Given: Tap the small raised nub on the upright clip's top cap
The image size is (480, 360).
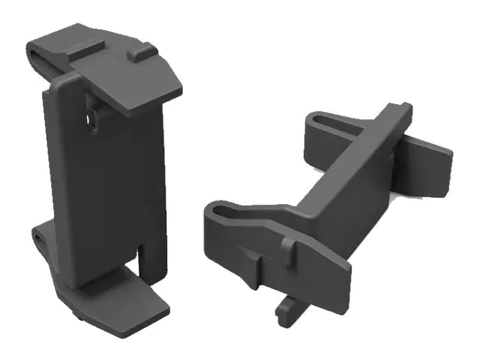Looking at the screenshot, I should tap(138, 54).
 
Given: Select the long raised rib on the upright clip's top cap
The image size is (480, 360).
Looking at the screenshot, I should tap(89, 46).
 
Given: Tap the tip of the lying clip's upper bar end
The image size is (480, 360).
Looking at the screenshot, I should tap(405, 109).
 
